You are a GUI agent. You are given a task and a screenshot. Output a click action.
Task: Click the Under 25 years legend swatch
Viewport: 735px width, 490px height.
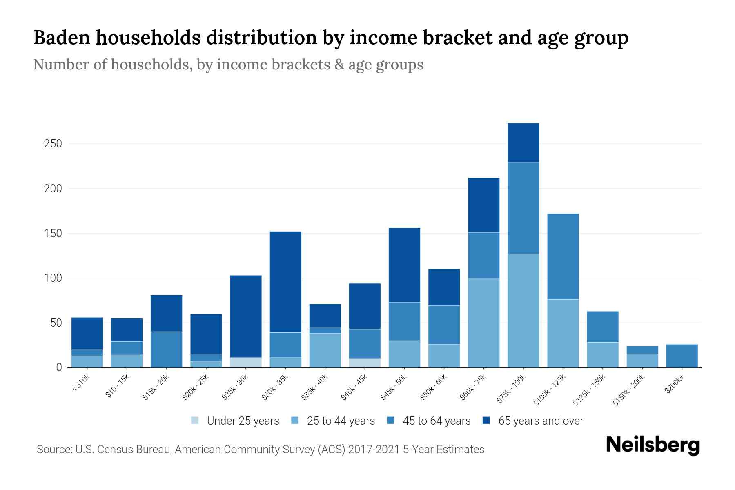tap(195, 421)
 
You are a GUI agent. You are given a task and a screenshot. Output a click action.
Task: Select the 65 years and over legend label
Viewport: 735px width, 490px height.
tap(541, 421)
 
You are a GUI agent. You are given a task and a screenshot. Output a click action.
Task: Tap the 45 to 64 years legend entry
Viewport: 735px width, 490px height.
tap(436, 421)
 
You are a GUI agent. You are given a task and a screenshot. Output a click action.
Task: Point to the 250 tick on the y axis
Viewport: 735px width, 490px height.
tap(53, 144)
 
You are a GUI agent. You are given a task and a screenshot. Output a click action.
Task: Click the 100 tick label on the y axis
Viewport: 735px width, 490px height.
tap(53, 278)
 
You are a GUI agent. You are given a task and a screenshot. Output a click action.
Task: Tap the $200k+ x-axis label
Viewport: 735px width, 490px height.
tap(674, 385)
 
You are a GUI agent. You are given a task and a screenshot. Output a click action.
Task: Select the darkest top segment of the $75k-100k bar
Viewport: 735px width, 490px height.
tap(523, 143)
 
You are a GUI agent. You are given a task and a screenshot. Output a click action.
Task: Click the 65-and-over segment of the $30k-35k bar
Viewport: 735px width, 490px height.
tap(285, 282)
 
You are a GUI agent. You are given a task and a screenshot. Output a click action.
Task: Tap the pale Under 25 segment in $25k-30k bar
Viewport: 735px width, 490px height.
tap(246, 363)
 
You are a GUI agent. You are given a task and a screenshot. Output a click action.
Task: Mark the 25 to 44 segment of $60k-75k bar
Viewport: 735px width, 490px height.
tap(483, 323)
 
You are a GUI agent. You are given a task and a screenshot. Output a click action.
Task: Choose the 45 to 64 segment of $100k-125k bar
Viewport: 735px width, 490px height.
tap(563, 256)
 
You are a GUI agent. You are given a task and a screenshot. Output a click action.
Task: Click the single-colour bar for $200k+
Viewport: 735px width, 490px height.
tap(682, 356)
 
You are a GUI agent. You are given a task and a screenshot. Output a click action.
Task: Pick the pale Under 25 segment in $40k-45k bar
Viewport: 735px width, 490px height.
tap(365, 363)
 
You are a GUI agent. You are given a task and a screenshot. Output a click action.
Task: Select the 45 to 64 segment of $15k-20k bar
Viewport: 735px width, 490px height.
tap(166, 350)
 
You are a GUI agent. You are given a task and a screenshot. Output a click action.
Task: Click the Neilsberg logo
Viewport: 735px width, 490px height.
tap(653, 445)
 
